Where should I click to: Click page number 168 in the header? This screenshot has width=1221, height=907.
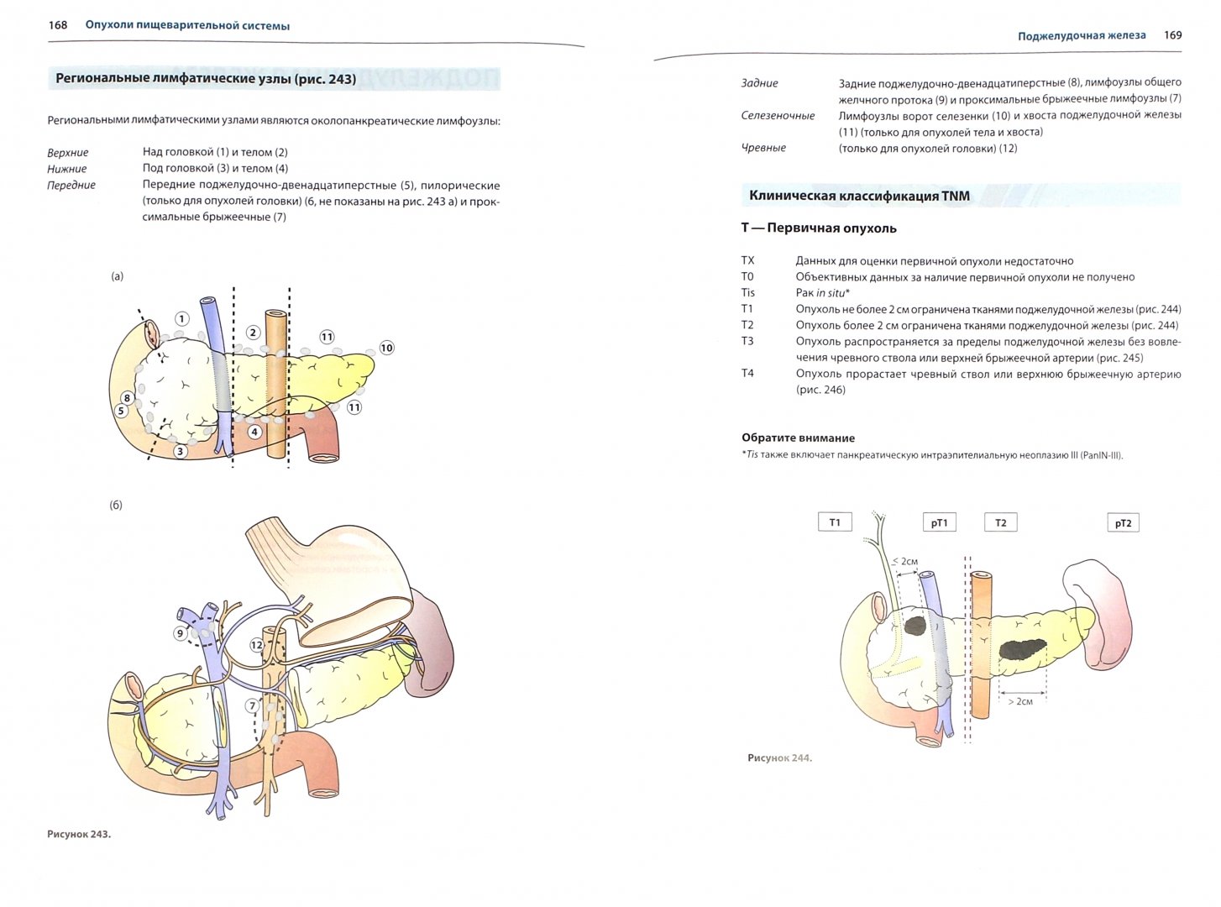pyautogui.click(x=57, y=25)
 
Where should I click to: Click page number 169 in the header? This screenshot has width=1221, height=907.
pyautogui.click(x=1172, y=35)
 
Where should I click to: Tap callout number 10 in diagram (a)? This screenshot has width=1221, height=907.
pyautogui.click(x=386, y=348)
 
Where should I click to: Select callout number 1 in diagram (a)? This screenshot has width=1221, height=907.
pyautogui.click(x=181, y=319)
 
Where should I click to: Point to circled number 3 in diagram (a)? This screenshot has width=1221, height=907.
pyautogui.click(x=180, y=451)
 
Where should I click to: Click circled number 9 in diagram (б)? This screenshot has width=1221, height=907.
pyautogui.click(x=180, y=633)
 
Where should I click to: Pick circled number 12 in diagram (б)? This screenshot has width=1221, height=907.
pyautogui.click(x=256, y=645)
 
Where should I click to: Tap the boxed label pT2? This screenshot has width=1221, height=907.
pyautogui.click(x=1123, y=523)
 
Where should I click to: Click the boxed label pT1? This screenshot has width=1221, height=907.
pyautogui.click(x=939, y=523)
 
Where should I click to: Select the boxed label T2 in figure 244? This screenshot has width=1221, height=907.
pyautogui.click(x=1000, y=522)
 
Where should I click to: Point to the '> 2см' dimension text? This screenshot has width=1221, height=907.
pyautogui.click(x=1020, y=701)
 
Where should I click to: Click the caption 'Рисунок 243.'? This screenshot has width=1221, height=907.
pyautogui.click(x=79, y=834)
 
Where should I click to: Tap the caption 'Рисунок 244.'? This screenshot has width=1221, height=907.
pyautogui.click(x=779, y=758)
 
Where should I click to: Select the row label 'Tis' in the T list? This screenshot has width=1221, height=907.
pyautogui.click(x=747, y=292)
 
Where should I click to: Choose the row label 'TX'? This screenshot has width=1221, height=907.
pyautogui.click(x=747, y=260)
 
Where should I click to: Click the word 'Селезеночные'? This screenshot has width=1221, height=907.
pyautogui.click(x=778, y=116)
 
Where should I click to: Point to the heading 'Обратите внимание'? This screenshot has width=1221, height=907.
pyautogui.click(x=798, y=438)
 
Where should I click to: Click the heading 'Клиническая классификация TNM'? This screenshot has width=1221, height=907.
pyautogui.click(x=859, y=196)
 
